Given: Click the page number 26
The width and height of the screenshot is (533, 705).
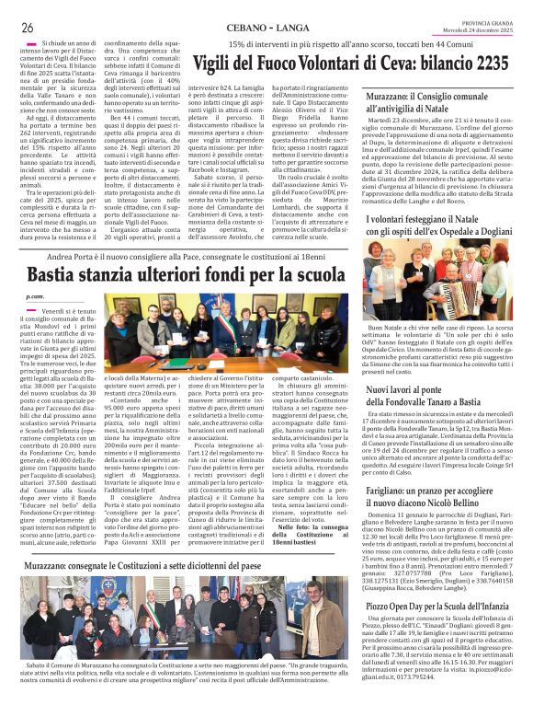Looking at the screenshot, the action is (x=28, y=27).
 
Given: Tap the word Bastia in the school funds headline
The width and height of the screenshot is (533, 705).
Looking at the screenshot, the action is (x=59, y=274).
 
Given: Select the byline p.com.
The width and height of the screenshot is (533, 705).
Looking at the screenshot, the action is (x=35, y=296).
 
